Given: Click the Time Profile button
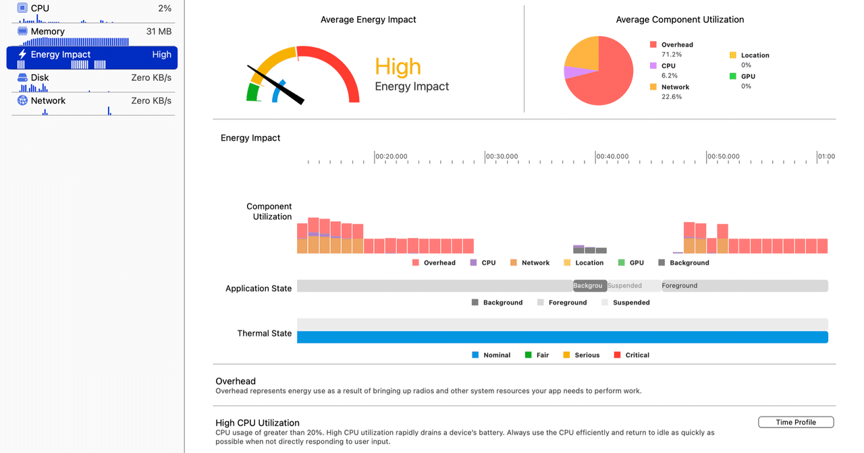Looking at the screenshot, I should [796, 422].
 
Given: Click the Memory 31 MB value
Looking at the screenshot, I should [159, 32].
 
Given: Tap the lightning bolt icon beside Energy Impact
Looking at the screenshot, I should [22, 55].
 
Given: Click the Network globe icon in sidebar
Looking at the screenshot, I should [22, 100].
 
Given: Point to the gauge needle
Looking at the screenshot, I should [277, 85].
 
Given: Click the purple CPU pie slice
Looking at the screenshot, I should [571, 72].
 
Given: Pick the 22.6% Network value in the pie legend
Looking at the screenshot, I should [672, 97].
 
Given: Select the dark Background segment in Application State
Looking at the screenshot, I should [589, 286].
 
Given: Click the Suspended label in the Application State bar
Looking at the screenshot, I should [625, 286].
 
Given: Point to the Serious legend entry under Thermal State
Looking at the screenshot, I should [581, 355].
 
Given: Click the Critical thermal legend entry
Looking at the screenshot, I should [632, 355].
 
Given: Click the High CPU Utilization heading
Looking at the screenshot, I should [257, 423].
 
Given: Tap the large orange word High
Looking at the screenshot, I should [398, 67].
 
